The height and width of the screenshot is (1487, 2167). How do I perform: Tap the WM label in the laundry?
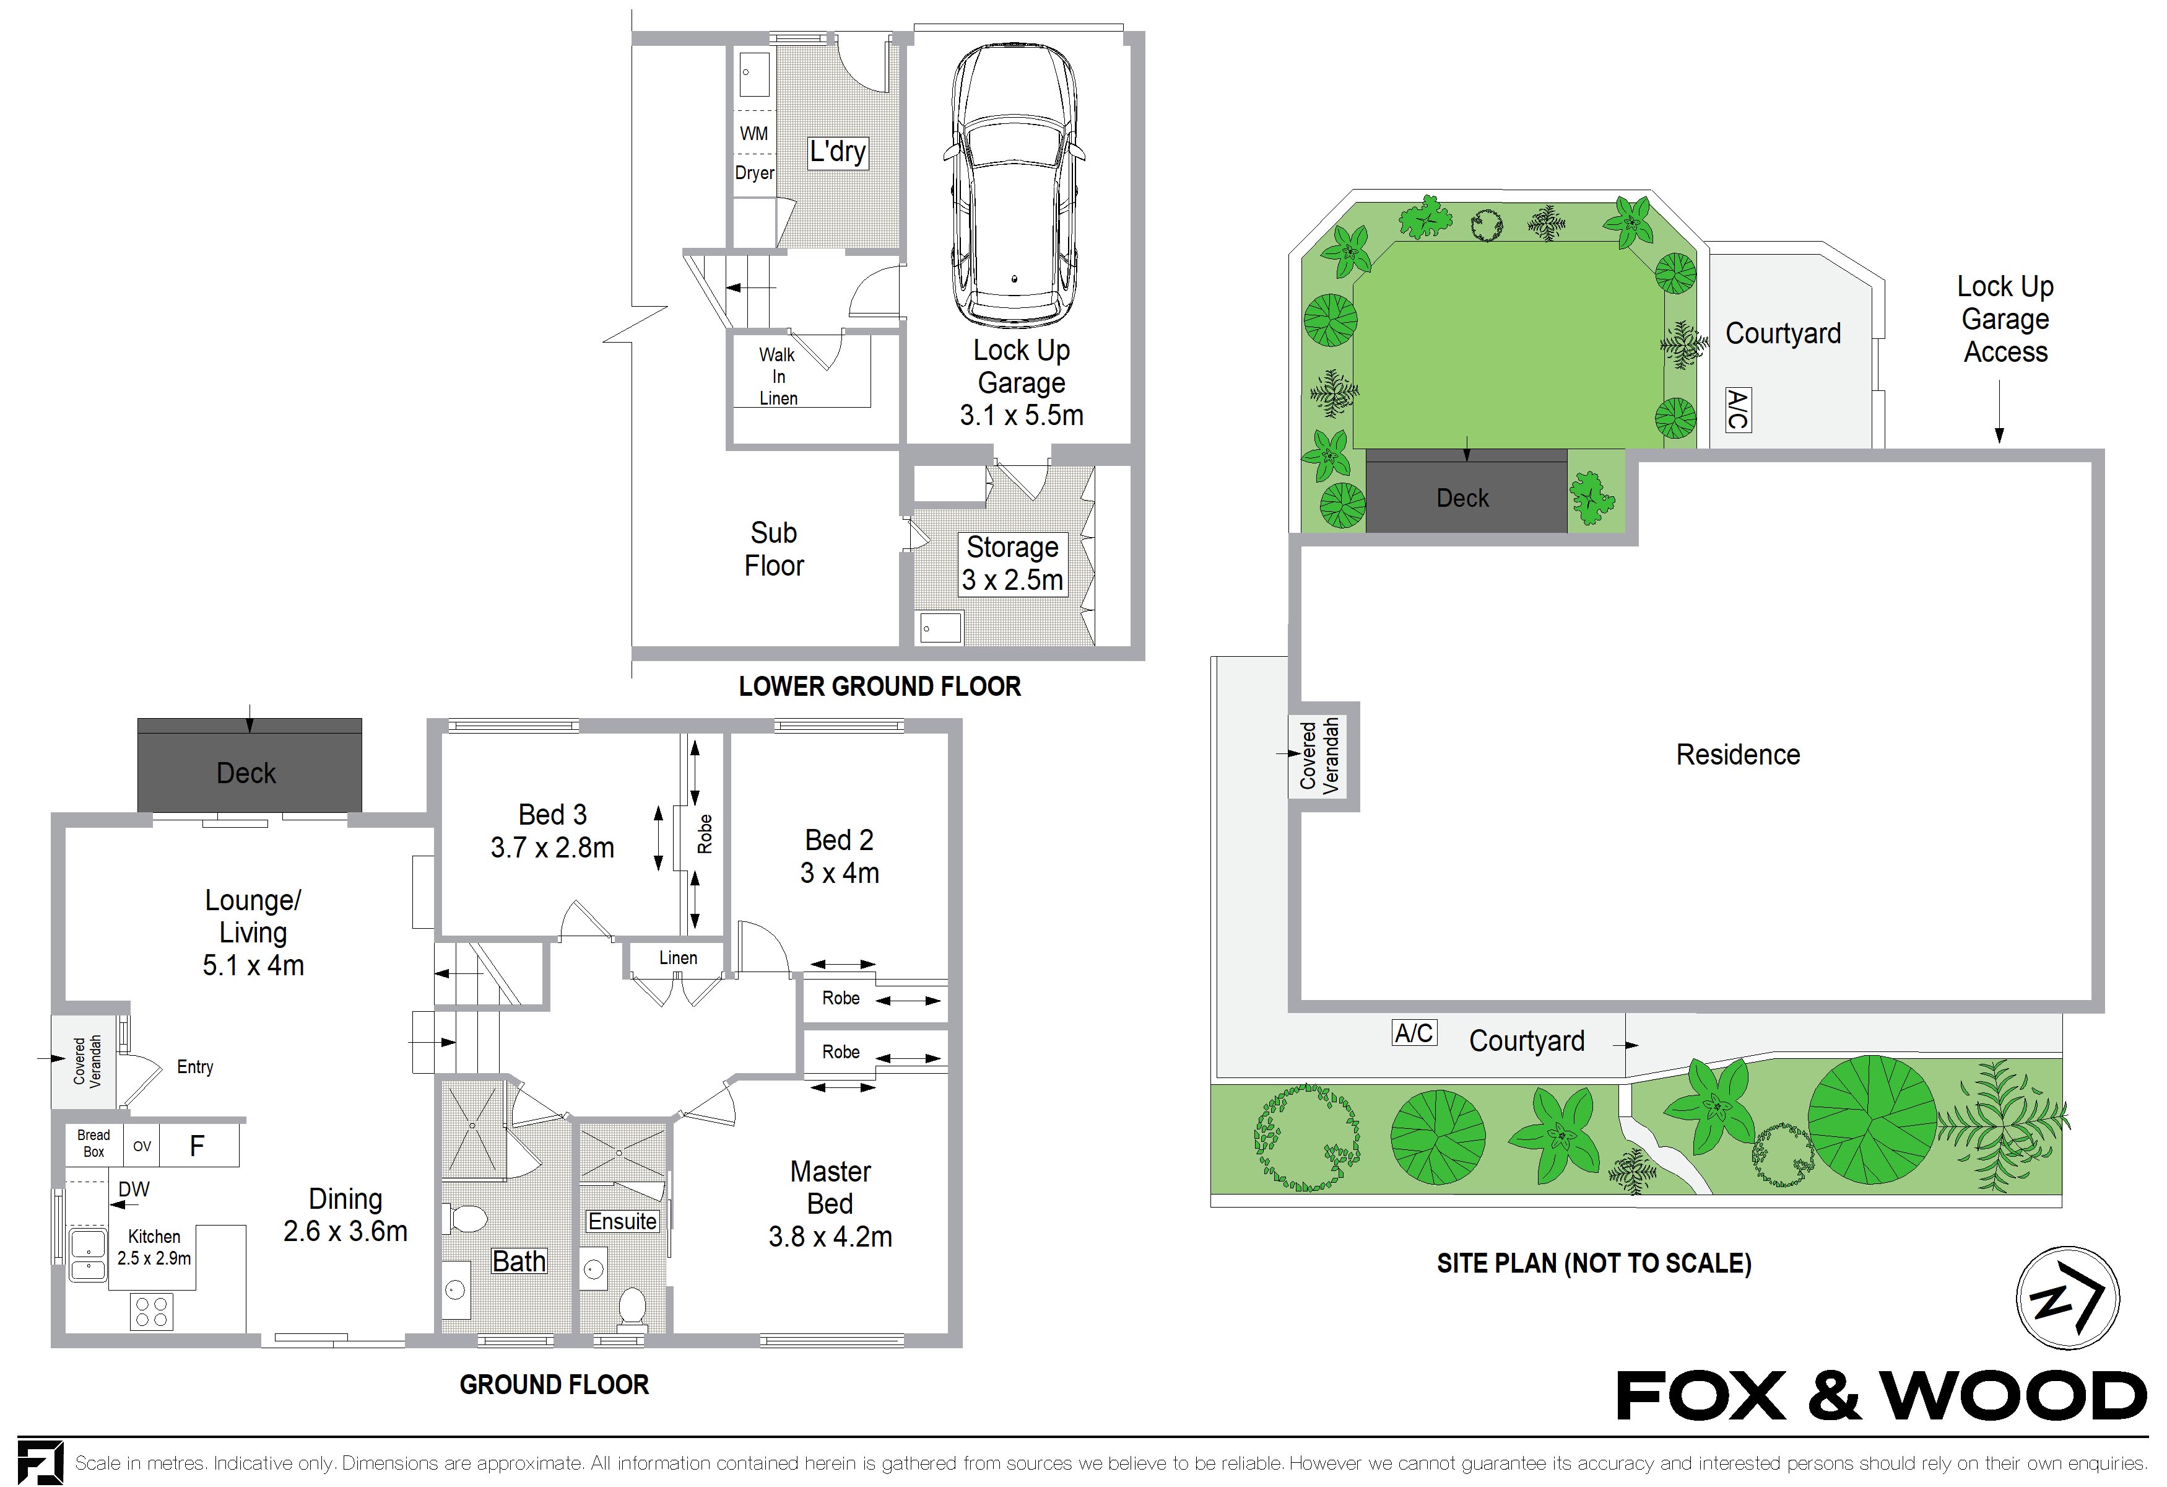point(753,133)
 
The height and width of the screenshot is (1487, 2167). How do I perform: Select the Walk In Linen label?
point(778,376)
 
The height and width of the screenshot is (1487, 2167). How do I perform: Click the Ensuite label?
point(622,1221)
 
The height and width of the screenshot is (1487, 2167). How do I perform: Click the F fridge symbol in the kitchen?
point(197,1146)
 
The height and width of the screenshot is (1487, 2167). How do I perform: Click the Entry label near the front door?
point(195,1066)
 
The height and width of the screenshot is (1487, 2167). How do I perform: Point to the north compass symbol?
point(2067,1297)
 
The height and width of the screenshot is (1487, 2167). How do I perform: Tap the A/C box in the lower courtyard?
point(1414,1033)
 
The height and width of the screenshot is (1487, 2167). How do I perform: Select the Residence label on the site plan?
point(1737,755)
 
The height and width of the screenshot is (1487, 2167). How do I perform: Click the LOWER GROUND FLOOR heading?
point(879,686)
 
